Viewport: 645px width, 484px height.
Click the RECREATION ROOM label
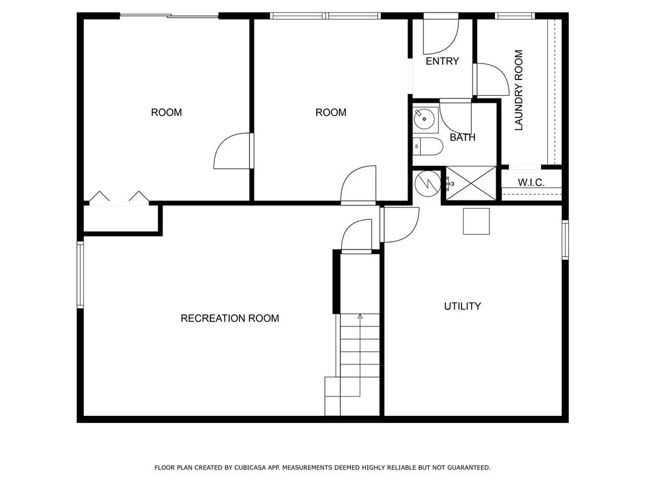[x=230, y=318]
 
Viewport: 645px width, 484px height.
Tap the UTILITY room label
[x=462, y=306]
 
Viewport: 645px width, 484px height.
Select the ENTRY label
[x=442, y=61]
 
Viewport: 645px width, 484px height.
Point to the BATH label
[x=462, y=137]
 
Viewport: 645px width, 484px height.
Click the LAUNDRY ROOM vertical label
[x=519, y=91]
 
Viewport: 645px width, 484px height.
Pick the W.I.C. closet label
[x=531, y=182]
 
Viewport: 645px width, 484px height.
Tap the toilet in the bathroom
[x=428, y=146]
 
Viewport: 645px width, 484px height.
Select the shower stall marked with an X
[x=471, y=183]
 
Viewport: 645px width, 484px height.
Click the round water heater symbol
[x=428, y=183]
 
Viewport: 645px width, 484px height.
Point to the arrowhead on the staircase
[x=360, y=316]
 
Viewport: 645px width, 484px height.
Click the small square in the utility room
[x=476, y=221]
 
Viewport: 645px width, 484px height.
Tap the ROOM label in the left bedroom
[x=166, y=112]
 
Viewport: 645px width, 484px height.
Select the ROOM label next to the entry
[x=331, y=112]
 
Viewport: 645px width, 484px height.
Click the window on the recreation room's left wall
[x=80, y=275]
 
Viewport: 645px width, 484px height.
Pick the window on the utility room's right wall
[x=565, y=240]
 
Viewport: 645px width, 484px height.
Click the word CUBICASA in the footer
[x=251, y=468]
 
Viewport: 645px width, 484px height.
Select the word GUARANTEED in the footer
[x=469, y=468]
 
